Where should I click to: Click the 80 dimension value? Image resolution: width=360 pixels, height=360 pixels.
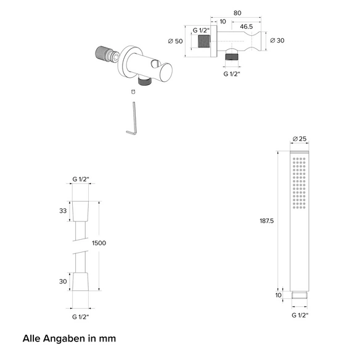[237, 13]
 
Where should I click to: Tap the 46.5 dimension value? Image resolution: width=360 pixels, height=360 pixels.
[247, 27]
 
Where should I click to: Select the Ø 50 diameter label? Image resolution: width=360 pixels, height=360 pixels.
[176, 41]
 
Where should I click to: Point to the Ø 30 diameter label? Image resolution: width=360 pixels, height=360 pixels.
[277, 41]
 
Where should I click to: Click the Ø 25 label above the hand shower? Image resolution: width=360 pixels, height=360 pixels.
[300, 139]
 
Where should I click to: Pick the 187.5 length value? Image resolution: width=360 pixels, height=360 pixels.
[267, 221]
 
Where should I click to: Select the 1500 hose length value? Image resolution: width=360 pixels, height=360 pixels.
[99, 243]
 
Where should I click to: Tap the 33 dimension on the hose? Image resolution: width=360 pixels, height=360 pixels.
[63, 211]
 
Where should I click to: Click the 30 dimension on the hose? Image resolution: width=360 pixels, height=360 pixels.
[63, 282]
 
